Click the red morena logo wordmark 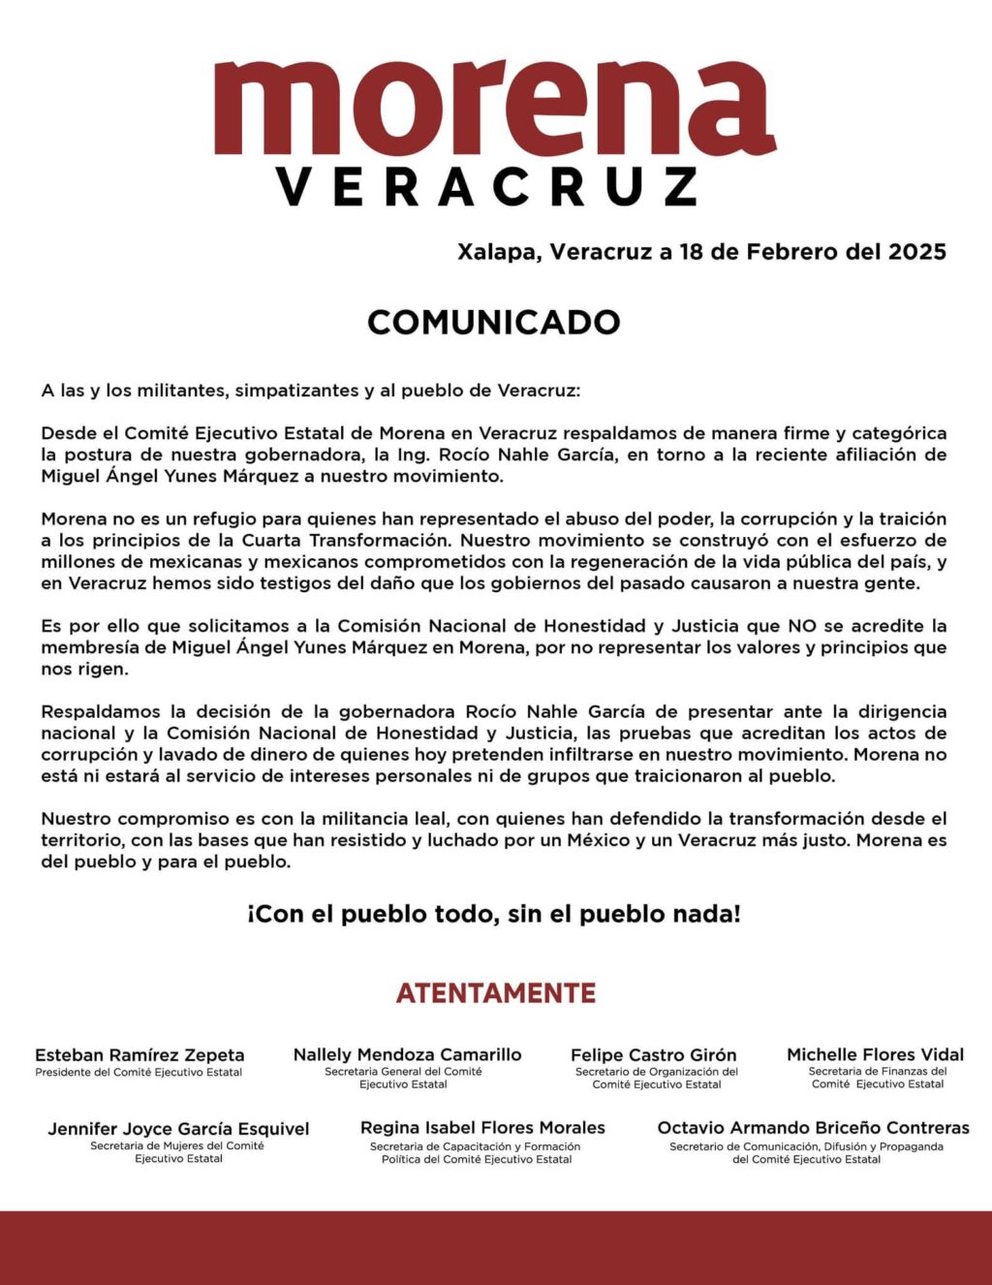[x=494, y=108]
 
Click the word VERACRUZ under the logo [x=487, y=186]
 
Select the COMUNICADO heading [x=494, y=323]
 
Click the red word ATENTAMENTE [x=496, y=993]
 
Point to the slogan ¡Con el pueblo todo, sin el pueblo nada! [x=494, y=914]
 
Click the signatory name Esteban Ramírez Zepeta [x=139, y=1055]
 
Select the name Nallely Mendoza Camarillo [x=407, y=1054]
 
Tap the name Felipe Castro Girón [x=654, y=1055]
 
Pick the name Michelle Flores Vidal [x=876, y=1054]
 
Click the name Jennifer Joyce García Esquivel [x=179, y=1129]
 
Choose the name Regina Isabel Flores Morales [x=482, y=1128]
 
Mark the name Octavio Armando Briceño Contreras [x=813, y=1128]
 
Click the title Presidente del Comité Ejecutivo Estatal [x=139, y=1073]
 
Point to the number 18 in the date [x=691, y=252]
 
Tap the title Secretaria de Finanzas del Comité [x=878, y=1078]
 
